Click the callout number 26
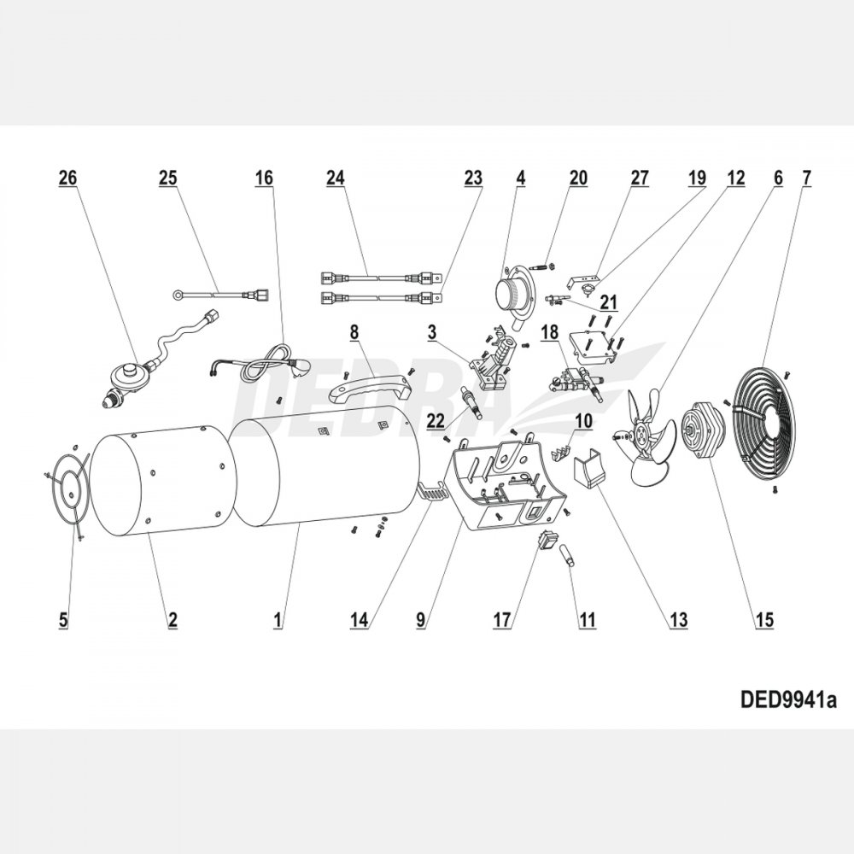[67, 178]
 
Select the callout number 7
[806, 178]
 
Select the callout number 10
[583, 420]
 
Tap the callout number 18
[549, 333]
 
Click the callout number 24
[335, 178]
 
